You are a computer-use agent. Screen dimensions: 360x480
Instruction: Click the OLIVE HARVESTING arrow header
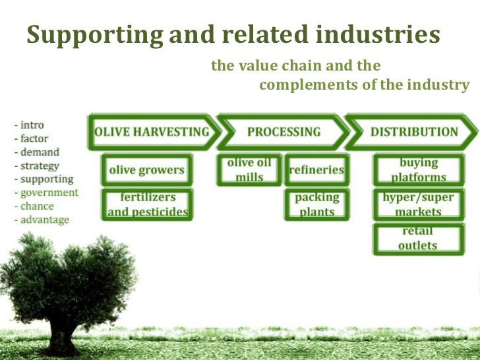click(x=152, y=131)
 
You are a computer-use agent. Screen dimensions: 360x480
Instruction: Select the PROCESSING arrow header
click(x=284, y=131)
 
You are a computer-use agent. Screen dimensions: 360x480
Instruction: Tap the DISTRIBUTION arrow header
click(x=413, y=131)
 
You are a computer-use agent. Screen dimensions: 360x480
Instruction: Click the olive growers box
click(x=146, y=170)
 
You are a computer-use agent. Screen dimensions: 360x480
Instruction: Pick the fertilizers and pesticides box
click(x=147, y=204)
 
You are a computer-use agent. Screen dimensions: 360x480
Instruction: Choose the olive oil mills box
click(x=249, y=169)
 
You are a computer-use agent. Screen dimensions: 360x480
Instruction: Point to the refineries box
click(x=316, y=169)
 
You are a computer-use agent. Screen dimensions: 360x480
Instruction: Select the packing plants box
click(x=316, y=204)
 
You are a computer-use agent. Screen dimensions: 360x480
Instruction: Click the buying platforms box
click(x=418, y=169)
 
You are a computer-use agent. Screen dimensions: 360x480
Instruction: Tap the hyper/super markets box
click(x=418, y=204)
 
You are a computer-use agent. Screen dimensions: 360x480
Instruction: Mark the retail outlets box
click(x=418, y=239)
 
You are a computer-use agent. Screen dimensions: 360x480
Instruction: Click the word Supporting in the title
click(x=94, y=35)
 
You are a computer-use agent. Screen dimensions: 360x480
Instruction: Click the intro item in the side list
click(x=32, y=125)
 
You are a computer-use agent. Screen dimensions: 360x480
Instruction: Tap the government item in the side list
click(x=48, y=193)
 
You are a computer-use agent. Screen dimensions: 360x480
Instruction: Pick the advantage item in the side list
click(x=44, y=220)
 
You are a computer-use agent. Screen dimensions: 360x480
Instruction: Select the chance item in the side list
click(x=36, y=206)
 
